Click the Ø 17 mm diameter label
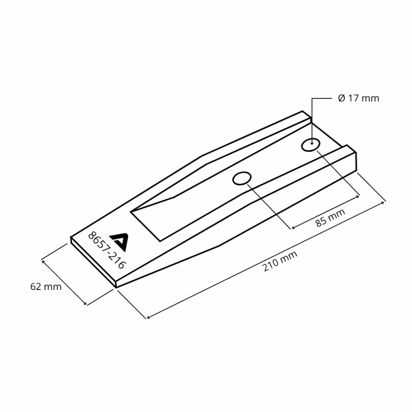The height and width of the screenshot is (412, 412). click(x=358, y=98)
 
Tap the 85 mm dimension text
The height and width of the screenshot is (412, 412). click(x=330, y=218)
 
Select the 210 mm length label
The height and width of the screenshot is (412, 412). click(x=280, y=261)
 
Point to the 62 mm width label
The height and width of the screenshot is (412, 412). click(x=46, y=286)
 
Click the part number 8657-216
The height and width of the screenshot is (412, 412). click(x=107, y=250)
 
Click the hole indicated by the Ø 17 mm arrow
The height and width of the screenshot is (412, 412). click(x=311, y=145)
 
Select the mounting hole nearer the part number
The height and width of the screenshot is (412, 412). click(x=242, y=178)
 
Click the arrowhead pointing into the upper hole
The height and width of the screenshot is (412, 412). click(x=312, y=143)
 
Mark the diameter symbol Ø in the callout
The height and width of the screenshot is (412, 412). click(x=341, y=98)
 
